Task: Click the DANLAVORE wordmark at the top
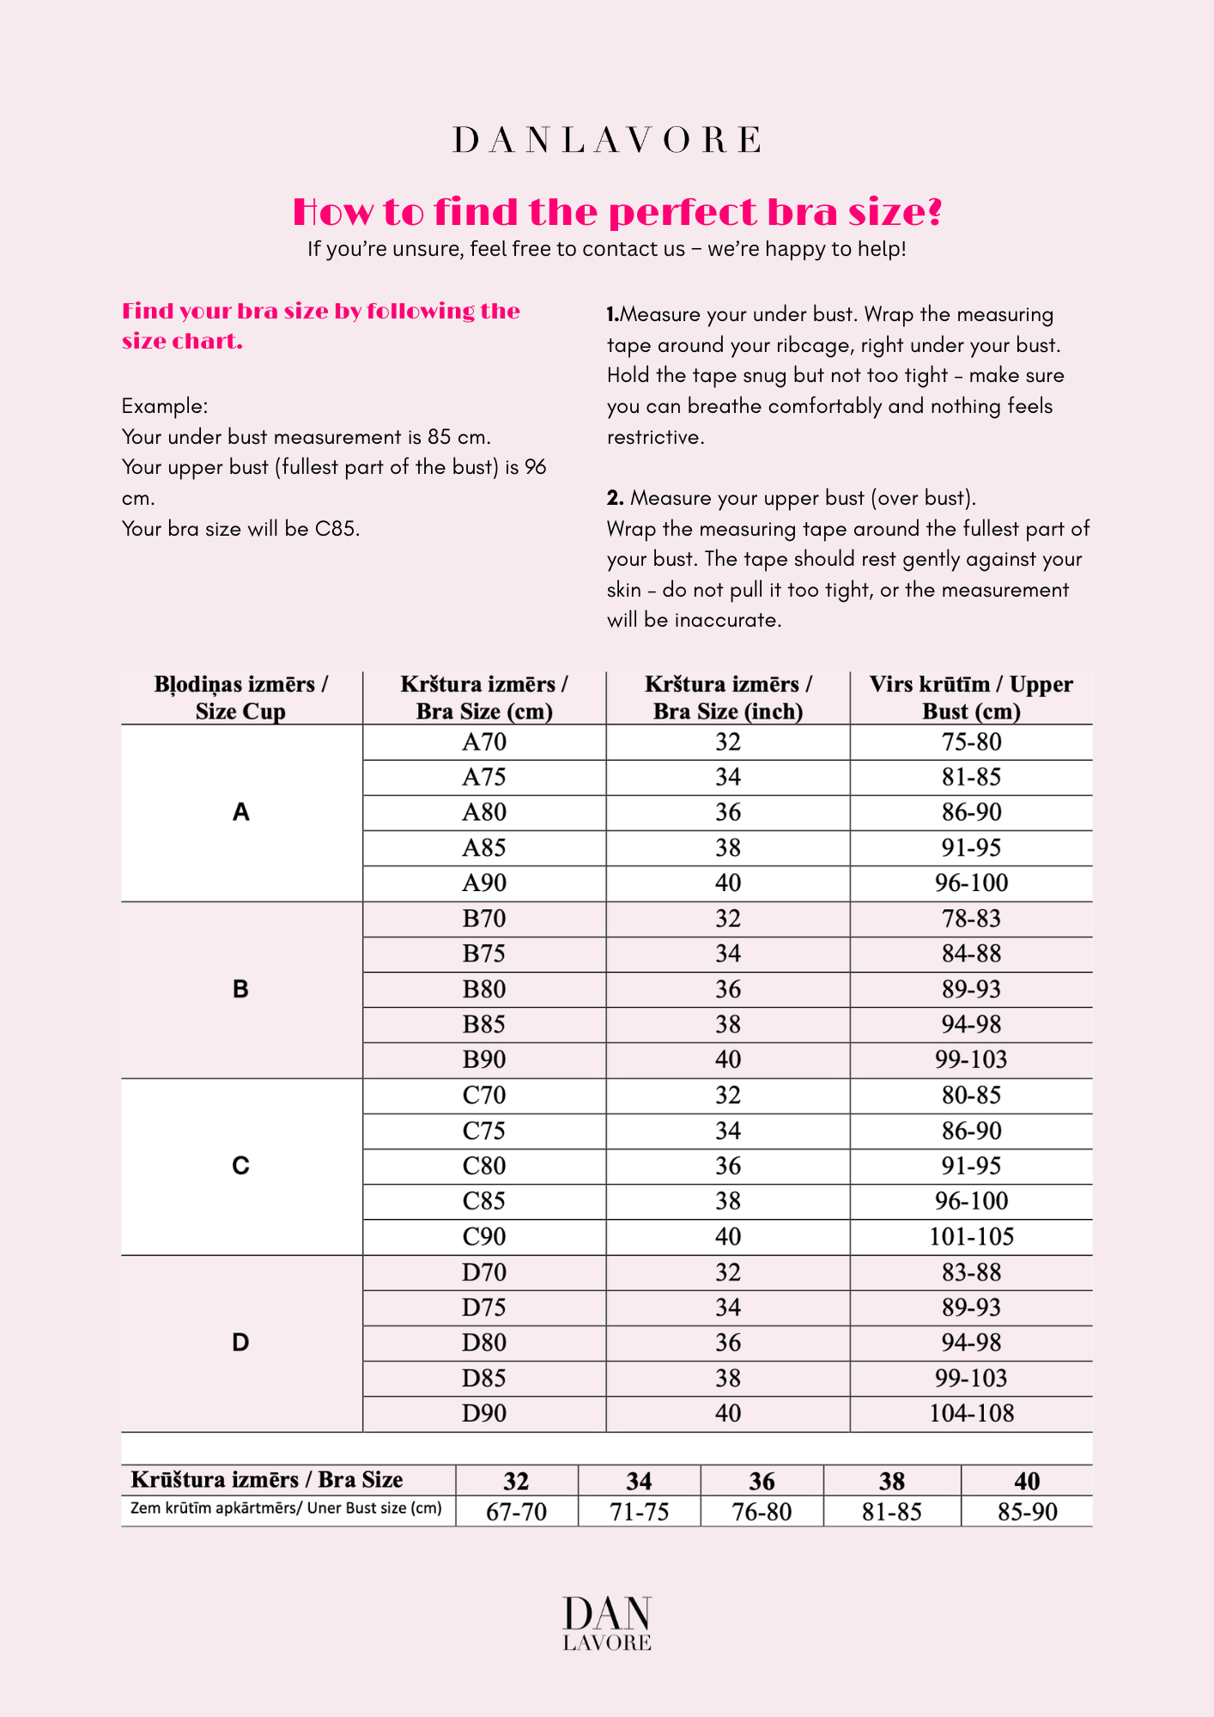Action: (x=606, y=140)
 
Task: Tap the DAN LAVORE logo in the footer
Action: (x=607, y=1623)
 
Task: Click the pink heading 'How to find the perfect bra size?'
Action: (x=617, y=212)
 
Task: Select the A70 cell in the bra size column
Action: (x=484, y=742)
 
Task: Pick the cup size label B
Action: (x=240, y=989)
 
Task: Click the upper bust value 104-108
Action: (x=971, y=1413)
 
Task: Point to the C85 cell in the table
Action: (x=484, y=1201)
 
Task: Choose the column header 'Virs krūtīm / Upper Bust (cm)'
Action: (x=971, y=697)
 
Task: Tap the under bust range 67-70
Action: (x=516, y=1512)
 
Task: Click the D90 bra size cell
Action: (x=484, y=1413)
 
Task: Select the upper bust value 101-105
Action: (x=971, y=1236)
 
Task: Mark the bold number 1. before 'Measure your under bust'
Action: (x=612, y=315)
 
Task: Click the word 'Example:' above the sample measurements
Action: (x=165, y=406)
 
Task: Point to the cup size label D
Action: (x=240, y=1343)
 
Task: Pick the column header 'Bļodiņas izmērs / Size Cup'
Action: (x=240, y=697)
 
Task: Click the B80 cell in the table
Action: (x=484, y=989)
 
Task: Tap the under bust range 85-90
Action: (x=1027, y=1512)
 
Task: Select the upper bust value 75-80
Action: (x=971, y=742)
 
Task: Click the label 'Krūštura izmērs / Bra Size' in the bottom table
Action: (x=267, y=1479)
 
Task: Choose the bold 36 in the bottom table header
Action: (x=762, y=1481)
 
